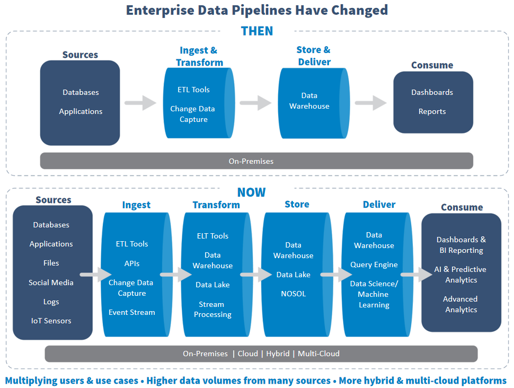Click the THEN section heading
pos(257,31)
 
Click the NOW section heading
pos(252,192)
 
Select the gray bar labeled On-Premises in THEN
pos(256,161)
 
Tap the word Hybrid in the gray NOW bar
pos(278,354)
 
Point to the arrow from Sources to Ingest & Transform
pos(141,103)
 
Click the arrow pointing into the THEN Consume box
pos(371,103)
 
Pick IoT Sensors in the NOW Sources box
pos(51,321)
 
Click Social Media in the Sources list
pos(51,283)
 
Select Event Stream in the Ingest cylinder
pos(132,312)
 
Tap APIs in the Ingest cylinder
pos(132,263)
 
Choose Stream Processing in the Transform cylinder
pos(212,310)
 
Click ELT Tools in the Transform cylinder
pos(212,236)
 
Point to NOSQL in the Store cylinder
pos(294,294)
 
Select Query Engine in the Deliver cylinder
pos(374,264)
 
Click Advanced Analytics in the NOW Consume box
pos(461,304)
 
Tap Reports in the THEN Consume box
pos(432,111)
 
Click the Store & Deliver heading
pos(314,56)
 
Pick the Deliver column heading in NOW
pos(379,205)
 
